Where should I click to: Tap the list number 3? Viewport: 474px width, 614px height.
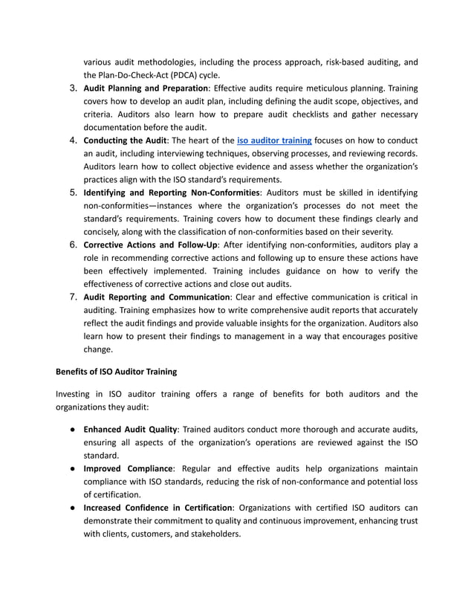pos(74,88)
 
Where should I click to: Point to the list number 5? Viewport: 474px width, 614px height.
pos(74,193)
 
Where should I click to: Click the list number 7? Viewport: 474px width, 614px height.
pos(74,297)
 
